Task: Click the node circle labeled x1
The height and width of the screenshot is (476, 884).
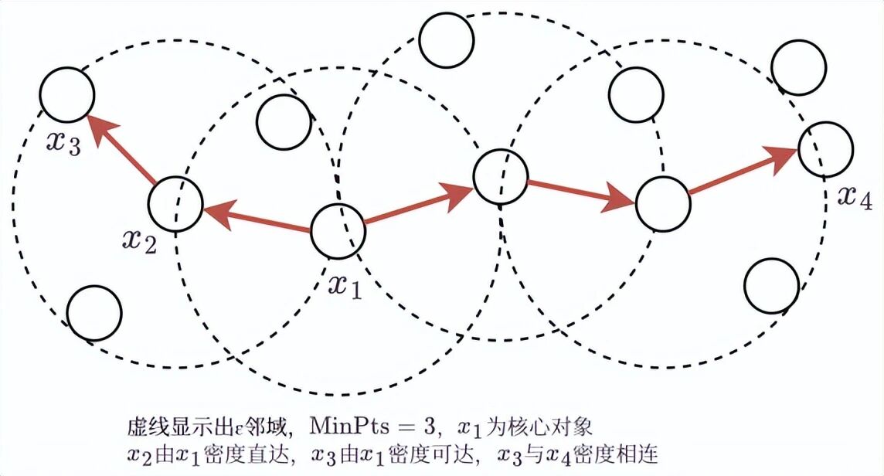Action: [x=337, y=230]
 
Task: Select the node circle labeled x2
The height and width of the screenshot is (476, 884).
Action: [x=175, y=203]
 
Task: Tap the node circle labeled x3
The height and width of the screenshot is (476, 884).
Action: [x=67, y=94]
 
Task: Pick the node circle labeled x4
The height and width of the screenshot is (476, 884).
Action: [x=825, y=148]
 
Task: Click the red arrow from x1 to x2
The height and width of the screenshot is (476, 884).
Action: [x=256, y=217]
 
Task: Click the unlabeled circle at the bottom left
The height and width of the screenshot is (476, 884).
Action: [x=93, y=313]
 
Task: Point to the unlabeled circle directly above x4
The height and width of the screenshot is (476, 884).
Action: [x=798, y=64]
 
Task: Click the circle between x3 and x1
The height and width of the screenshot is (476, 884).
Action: [x=284, y=122]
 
